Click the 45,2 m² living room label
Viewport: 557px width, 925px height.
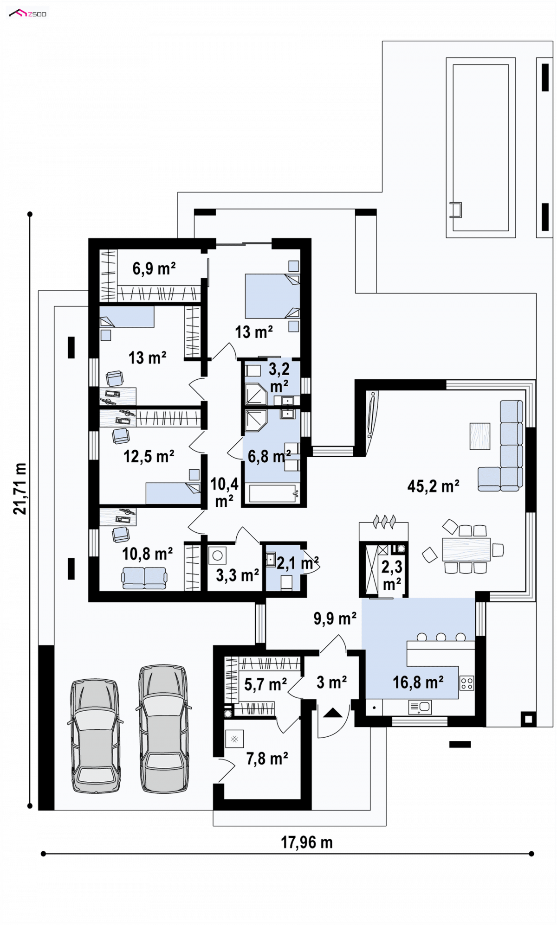[433, 486]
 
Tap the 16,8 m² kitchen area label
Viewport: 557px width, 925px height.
[418, 682]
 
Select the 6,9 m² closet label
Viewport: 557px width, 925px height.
[154, 268]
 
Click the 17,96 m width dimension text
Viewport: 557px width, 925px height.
[306, 842]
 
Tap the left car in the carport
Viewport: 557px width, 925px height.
[96, 736]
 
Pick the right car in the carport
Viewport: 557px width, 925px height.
[164, 729]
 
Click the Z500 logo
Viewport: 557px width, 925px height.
[28, 13]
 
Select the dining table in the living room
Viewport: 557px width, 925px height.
[466, 549]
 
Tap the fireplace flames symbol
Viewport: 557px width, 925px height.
[385, 522]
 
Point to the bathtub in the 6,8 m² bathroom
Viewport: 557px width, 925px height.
[272, 493]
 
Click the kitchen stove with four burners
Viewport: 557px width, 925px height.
[467, 683]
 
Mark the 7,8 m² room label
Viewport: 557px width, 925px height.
[267, 759]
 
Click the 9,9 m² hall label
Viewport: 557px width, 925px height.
[335, 618]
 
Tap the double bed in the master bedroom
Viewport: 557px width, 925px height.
[272, 296]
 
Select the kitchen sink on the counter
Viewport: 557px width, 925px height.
[420, 707]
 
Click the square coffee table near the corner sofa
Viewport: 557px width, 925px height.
[479, 436]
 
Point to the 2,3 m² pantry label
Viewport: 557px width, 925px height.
[392, 575]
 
